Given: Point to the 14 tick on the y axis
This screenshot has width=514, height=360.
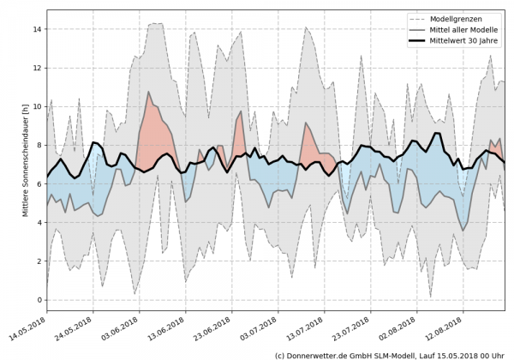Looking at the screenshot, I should pos(37,29).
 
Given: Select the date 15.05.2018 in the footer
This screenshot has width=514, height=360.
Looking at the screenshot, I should pos(455,354).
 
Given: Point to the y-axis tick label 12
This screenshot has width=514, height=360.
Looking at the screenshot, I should pos(37,68).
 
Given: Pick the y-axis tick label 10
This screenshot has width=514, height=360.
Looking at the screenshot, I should pos(37,106).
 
